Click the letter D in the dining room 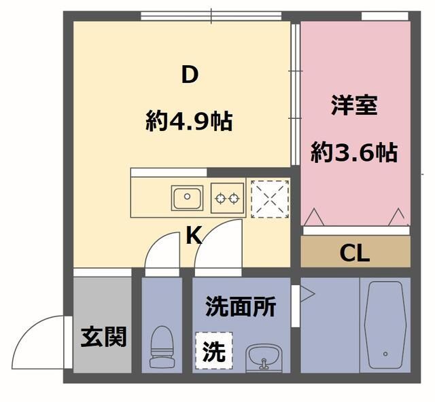coord(189,75)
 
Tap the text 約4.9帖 coord(189,122)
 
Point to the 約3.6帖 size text coord(354,153)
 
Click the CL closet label coord(354,254)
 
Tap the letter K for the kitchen coord(194,236)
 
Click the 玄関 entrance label coord(103,337)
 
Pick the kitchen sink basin coord(186,199)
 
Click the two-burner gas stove coord(226,199)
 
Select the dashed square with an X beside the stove coord(270,199)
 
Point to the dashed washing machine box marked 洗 coord(213,350)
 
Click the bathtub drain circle coord(385,354)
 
